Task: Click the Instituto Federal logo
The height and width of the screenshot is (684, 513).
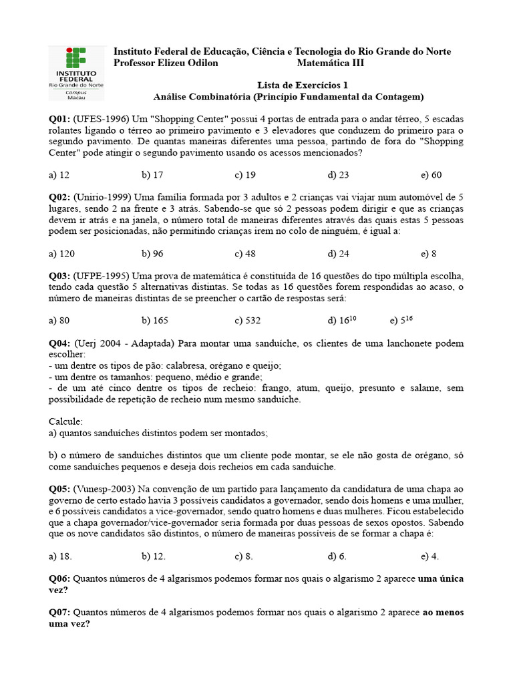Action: click(76, 73)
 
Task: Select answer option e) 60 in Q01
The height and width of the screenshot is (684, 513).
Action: click(431, 175)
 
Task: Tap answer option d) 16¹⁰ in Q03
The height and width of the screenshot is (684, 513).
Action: click(341, 320)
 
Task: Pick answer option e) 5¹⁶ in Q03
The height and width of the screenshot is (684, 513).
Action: click(401, 320)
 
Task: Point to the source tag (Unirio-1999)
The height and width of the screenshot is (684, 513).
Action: click(103, 197)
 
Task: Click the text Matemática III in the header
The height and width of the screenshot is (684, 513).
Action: click(331, 63)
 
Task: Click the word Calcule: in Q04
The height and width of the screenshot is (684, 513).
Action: click(65, 421)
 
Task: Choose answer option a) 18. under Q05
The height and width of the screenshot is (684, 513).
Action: click(60, 556)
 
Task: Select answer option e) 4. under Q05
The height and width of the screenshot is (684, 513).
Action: click(430, 556)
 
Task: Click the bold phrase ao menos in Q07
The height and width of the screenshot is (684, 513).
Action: click(444, 612)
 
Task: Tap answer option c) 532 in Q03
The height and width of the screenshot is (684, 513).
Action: click(247, 320)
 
